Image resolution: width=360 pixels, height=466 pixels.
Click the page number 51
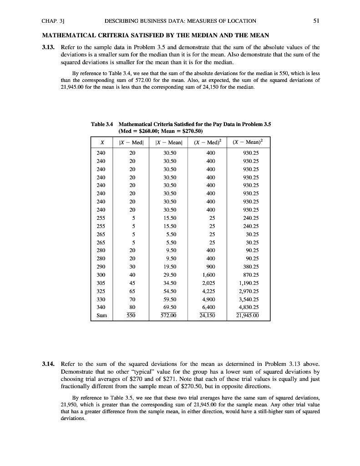pyautogui.click(x=315, y=21)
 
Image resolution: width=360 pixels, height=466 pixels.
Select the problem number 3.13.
pyautogui.click(x=49, y=47)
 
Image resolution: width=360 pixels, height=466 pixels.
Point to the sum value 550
pyautogui.click(x=132, y=314)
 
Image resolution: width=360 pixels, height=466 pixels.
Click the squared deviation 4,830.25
pyautogui.click(x=248, y=305)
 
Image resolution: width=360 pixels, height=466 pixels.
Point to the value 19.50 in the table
pyautogui.click(x=170, y=267)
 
